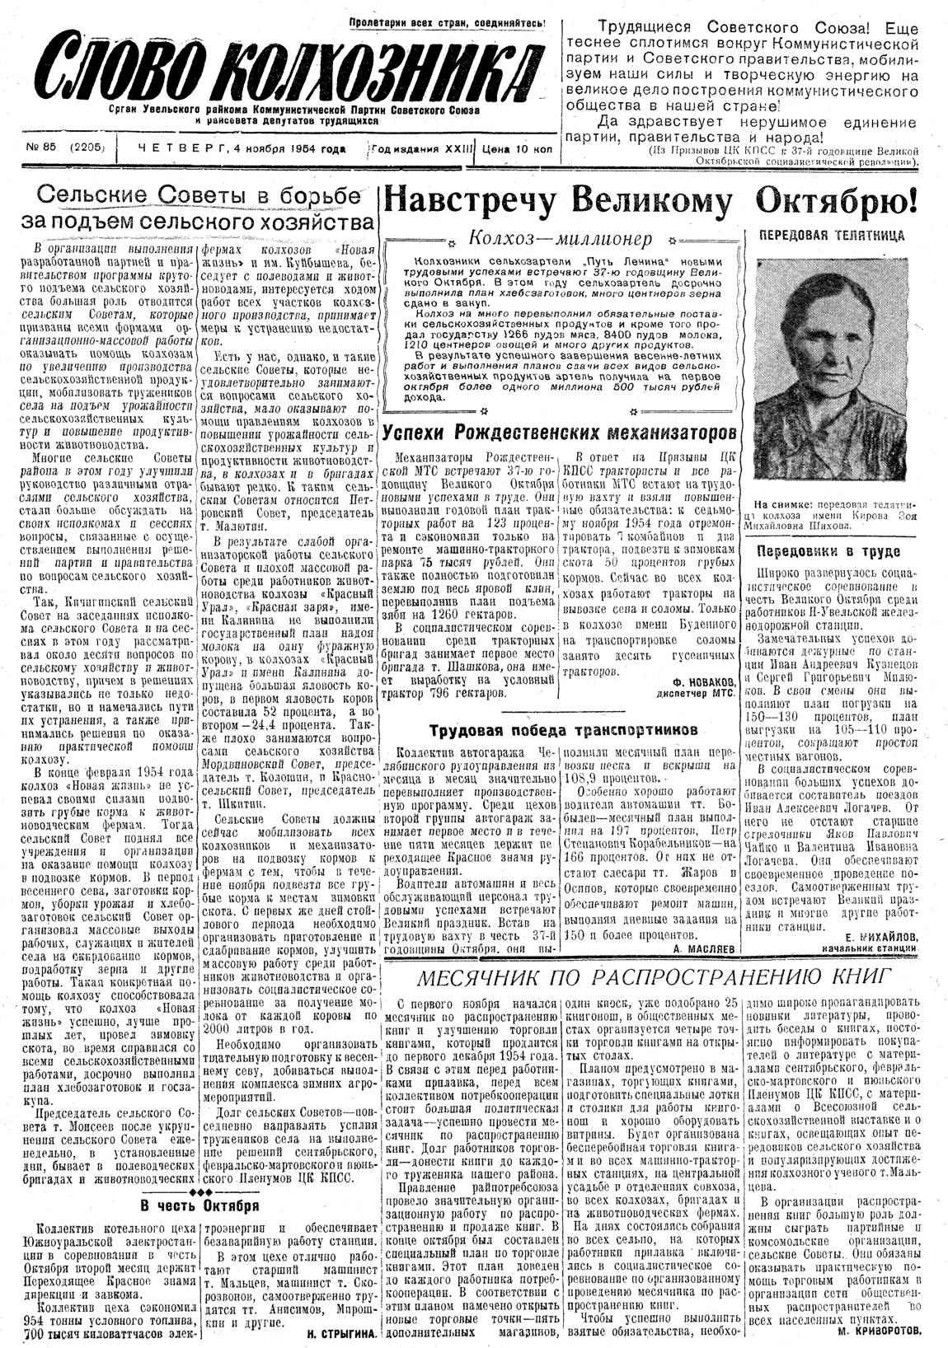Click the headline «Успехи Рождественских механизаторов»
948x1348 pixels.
click(x=559, y=432)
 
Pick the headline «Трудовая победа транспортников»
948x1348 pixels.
click(x=565, y=729)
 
